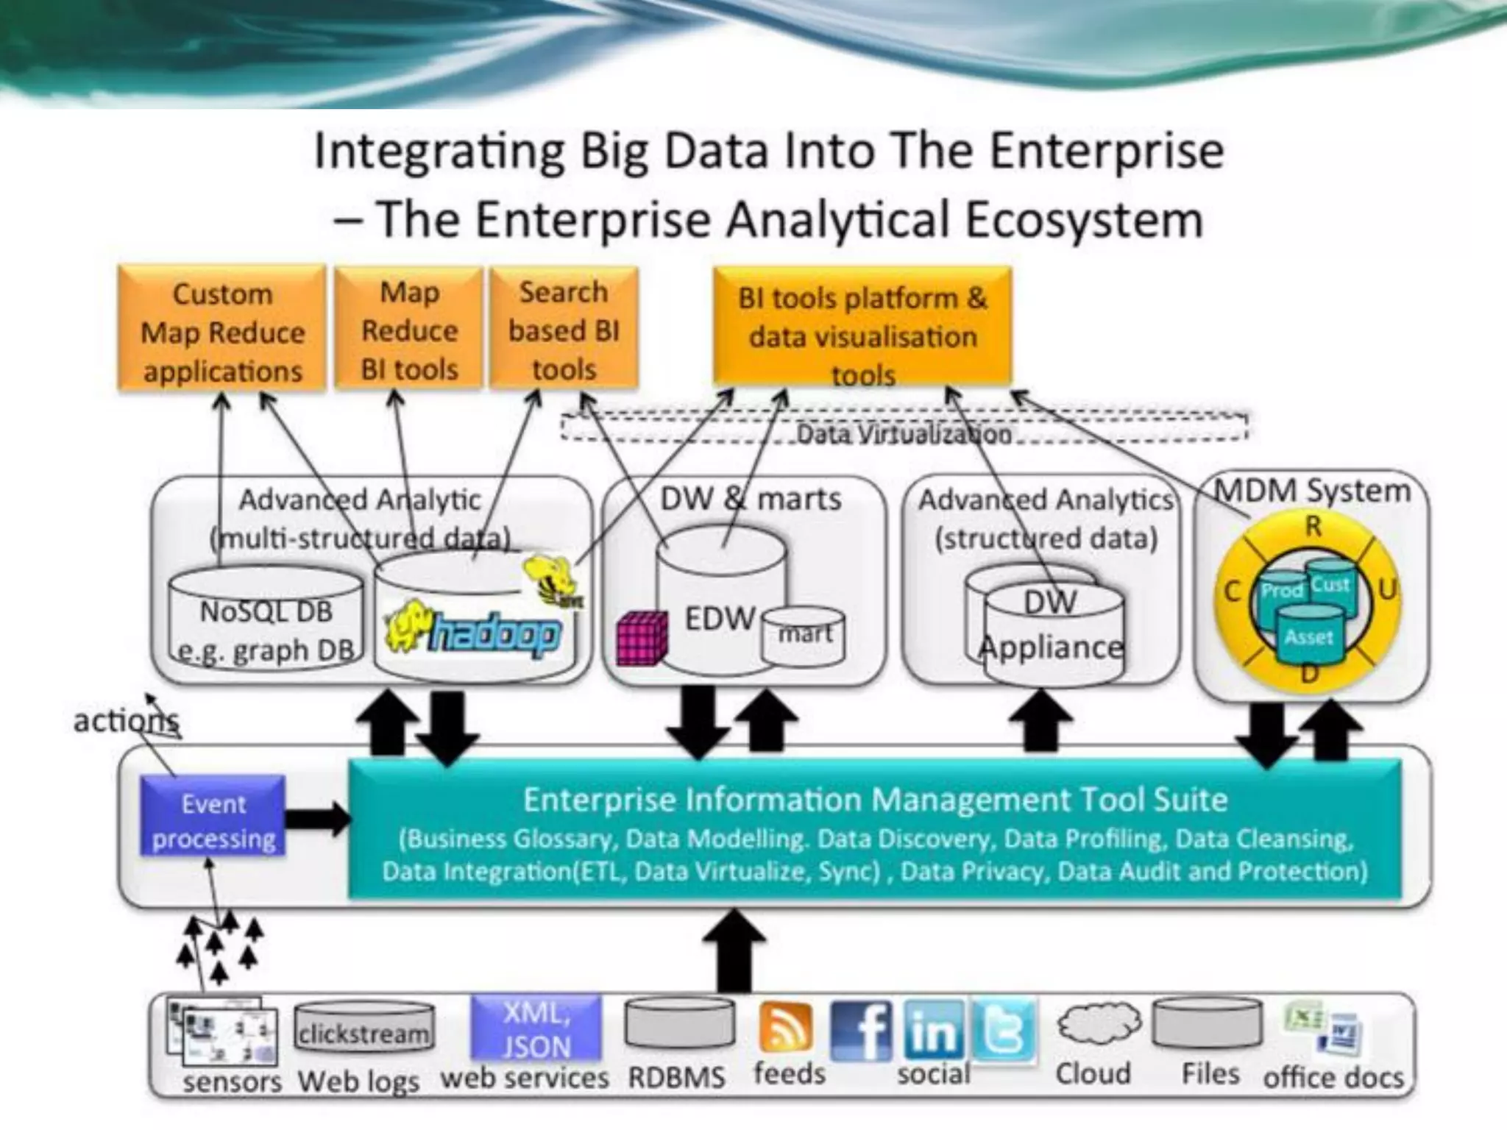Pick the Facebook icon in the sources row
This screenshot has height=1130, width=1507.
coord(862,1030)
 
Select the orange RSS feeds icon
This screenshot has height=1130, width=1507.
coord(786,1027)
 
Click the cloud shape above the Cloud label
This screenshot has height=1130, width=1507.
coord(1099,1024)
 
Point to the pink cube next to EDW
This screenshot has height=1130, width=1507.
coord(642,637)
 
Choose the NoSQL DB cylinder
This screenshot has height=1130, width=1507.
coord(266,618)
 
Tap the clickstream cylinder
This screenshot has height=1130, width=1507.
coord(364,1031)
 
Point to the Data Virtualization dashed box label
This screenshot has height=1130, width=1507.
coord(904,434)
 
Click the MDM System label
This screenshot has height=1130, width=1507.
coord(1311,491)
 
